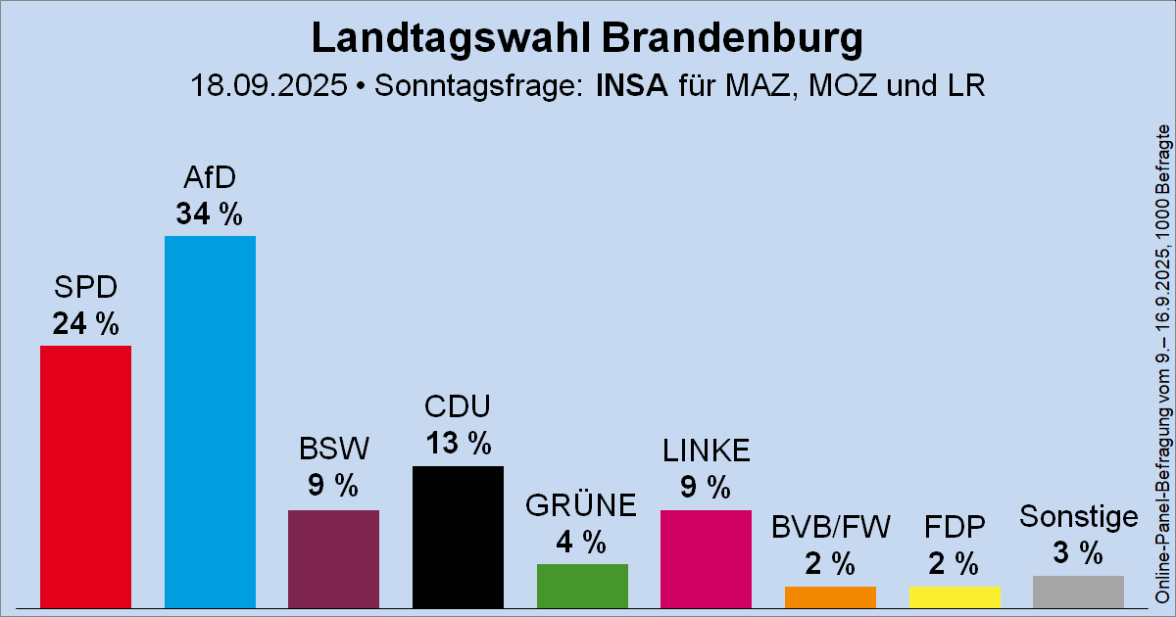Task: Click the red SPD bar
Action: coord(85,477)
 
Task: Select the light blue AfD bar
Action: coord(210,422)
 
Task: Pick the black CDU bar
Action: coord(458,537)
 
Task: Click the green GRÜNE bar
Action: coord(582,586)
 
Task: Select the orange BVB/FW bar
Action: coord(830,597)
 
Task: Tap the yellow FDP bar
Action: coord(955,597)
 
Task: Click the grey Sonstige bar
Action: coord(1078,592)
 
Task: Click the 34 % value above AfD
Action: coord(210,214)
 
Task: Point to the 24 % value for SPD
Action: coord(85,323)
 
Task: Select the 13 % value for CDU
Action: coord(458,444)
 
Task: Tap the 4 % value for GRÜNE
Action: coord(582,542)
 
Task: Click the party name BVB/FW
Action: coord(830,528)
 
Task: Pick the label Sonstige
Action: coord(1078,516)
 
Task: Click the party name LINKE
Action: coord(706,451)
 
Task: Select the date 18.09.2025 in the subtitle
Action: coord(270,86)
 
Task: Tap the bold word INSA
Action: coord(632,86)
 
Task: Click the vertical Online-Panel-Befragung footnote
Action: coord(1162,362)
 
